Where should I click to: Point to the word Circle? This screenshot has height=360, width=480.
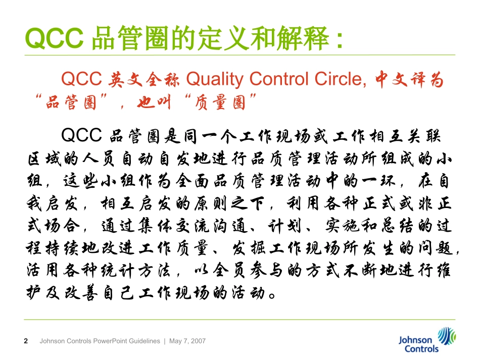point(340,79)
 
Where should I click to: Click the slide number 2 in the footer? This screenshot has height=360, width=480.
point(26,341)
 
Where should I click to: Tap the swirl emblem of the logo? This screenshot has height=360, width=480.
point(446,335)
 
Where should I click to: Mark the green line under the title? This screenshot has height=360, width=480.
point(240,55)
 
